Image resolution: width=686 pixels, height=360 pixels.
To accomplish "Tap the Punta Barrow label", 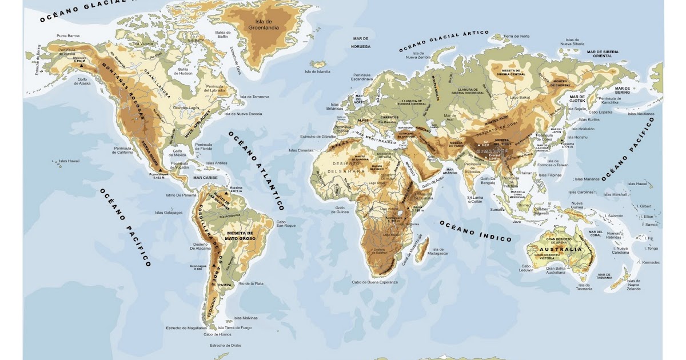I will coord(68,36).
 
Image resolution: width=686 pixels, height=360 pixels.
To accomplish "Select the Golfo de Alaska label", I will coord(82,81).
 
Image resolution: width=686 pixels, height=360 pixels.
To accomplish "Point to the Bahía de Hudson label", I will coord(185,71).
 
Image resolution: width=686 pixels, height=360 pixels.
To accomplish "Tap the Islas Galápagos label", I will coord(169,212).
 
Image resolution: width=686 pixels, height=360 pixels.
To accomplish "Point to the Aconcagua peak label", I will coord(198,266).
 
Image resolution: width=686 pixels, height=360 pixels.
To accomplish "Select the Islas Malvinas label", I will coord(246,318).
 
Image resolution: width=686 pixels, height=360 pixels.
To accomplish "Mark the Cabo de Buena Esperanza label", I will coord(374,282).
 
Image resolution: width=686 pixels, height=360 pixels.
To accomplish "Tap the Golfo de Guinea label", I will coord(342,210).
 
